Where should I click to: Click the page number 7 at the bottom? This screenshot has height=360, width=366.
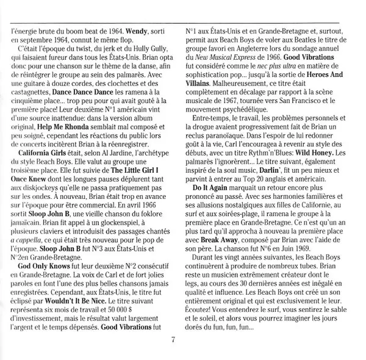[x=173, y=340]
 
